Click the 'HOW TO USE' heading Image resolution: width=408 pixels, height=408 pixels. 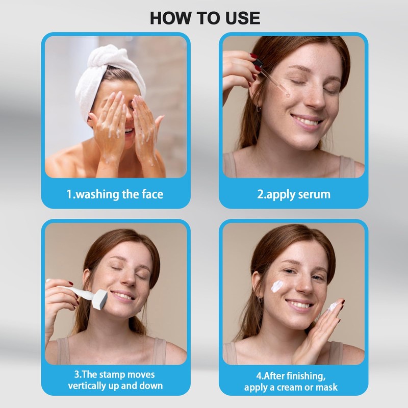click(x=205, y=17)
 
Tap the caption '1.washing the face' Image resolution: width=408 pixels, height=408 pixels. click(x=115, y=194)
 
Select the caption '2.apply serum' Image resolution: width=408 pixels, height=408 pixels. click(x=293, y=194)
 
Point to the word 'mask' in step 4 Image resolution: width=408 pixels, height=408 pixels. click(x=326, y=387)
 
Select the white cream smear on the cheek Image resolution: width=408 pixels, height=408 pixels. click(x=280, y=286)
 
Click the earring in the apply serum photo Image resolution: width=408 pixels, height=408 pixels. click(x=259, y=108)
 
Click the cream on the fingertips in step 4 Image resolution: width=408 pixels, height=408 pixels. click(x=333, y=307)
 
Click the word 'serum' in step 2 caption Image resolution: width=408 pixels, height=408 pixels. click(x=313, y=194)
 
